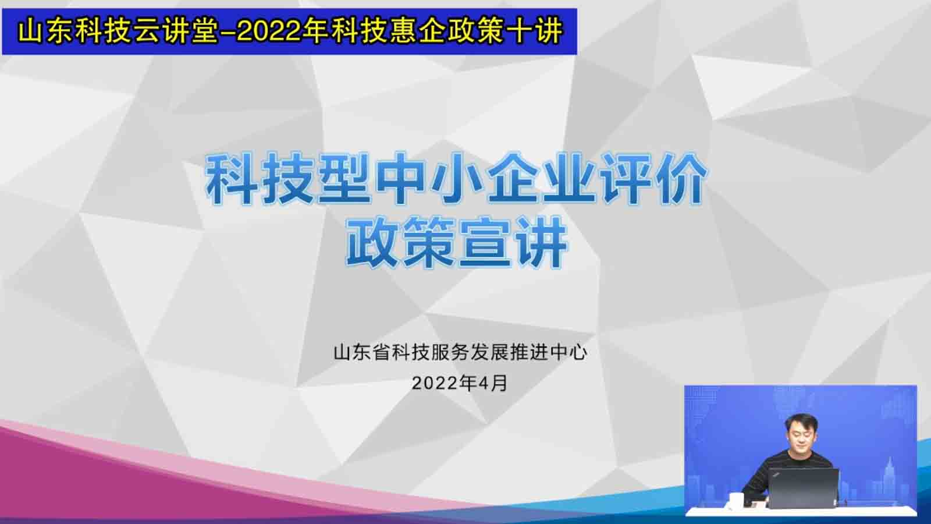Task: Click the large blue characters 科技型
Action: point(287,178)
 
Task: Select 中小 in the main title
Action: point(430,178)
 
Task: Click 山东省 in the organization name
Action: point(361,353)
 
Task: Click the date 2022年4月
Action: point(460,383)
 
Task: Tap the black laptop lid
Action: point(802,487)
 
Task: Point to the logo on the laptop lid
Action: point(777,474)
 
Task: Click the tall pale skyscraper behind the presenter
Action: point(890,478)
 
